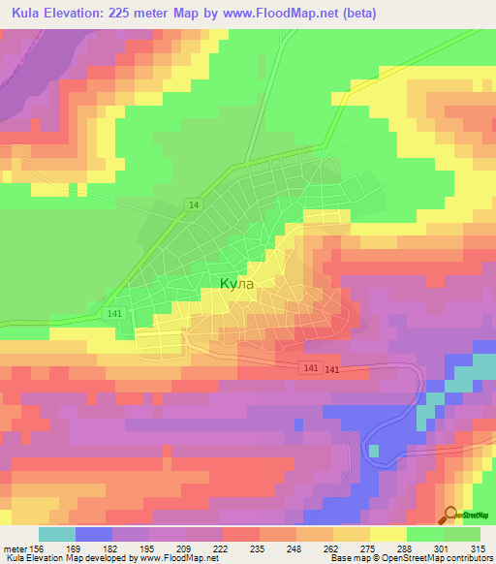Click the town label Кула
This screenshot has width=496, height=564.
click(x=237, y=284)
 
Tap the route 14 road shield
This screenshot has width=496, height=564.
click(x=195, y=204)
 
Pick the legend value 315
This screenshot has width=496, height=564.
click(x=477, y=548)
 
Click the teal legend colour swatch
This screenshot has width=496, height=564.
click(x=56, y=534)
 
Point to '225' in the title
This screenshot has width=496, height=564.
click(x=131, y=14)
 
